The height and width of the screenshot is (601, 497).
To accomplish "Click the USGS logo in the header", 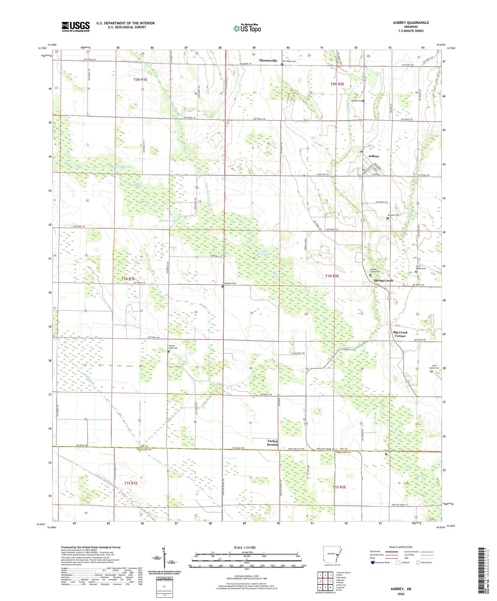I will [x=76, y=27].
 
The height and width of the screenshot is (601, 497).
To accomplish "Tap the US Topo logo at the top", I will [x=247, y=28].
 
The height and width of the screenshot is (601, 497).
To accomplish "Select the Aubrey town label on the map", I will [x=374, y=156].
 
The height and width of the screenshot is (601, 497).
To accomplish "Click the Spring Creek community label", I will [x=383, y=280].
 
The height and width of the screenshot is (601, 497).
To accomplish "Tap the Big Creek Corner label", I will [x=400, y=334].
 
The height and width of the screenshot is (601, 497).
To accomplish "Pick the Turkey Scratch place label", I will [x=272, y=443].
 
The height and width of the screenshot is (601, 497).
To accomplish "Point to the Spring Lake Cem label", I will [x=173, y=347].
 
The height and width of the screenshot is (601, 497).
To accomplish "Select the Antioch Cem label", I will [x=394, y=215].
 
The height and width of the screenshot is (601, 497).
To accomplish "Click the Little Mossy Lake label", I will [x=264, y=253].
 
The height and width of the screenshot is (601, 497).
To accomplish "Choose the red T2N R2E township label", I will [x=337, y=84].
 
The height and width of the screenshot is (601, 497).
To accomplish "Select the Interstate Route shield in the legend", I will [x=373, y=562].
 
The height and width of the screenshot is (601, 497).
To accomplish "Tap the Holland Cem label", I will [x=356, y=101].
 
